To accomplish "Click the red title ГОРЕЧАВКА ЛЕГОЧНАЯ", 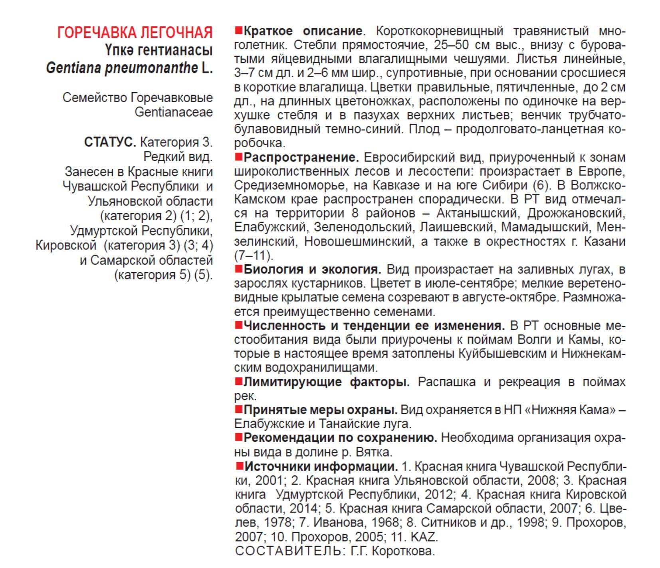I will pyautogui.click(x=135, y=32).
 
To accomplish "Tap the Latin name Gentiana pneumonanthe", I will pyautogui.click(x=122, y=68).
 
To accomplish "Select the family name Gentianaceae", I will pyautogui.click(x=173, y=112).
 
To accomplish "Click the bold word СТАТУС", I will pyautogui.click(x=110, y=142).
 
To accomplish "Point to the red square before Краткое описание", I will pyautogui.click(x=238, y=30).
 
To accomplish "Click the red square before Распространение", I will pyautogui.click(x=238, y=157).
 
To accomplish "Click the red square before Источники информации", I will pyautogui.click(x=239, y=466).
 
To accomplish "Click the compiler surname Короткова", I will pyautogui.click(x=403, y=551).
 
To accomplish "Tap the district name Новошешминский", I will pyautogui.click(x=358, y=241).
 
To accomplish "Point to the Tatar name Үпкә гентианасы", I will pyautogui.click(x=159, y=50).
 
